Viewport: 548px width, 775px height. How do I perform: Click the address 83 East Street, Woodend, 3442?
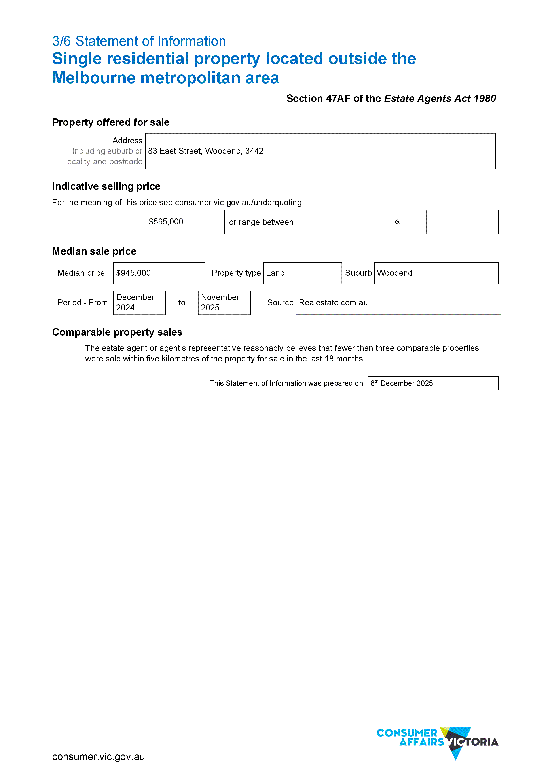(x=205, y=151)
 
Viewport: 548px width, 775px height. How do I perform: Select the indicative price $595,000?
(x=166, y=222)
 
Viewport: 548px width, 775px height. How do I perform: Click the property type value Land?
(x=275, y=273)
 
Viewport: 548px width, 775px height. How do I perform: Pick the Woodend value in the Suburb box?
(x=394, y=273)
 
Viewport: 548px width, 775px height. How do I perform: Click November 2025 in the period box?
(x=220, y=302)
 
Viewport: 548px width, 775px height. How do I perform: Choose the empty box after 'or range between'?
(x=332, y=222)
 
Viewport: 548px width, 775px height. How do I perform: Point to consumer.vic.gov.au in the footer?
(x=99, y=757)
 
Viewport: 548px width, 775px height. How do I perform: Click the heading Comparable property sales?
(x=117, y=332)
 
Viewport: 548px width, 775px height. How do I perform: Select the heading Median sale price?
(x=95, y=251)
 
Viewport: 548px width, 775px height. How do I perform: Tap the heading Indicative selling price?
(x=106, y=186)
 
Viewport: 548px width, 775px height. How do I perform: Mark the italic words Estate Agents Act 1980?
(x=440, y=98)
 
